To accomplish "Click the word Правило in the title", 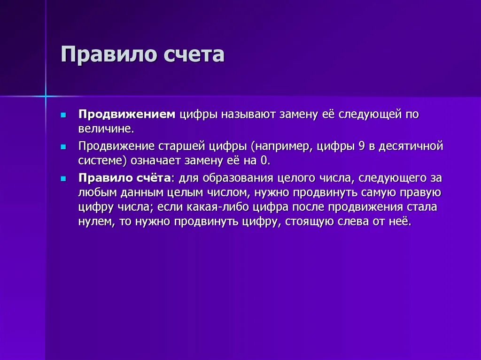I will pyautogui.click(x=108, y=55).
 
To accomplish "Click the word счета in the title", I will pyautogui.click(x=194, y=55).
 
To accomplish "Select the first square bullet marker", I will pyautogui.click(x=63, y=115).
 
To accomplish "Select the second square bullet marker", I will pyautogui.click(x=63, y=146).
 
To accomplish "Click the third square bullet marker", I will pyautogui.click(x=63, y=179).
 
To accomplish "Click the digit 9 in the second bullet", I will pyautogui.click(x=361, y=146).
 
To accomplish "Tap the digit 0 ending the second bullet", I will pyautogui.click(x=265, y=160).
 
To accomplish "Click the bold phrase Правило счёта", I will pyautogui.click(x=124, y=178).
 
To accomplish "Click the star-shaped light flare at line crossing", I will pyautogui.click(x=46, y=96).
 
